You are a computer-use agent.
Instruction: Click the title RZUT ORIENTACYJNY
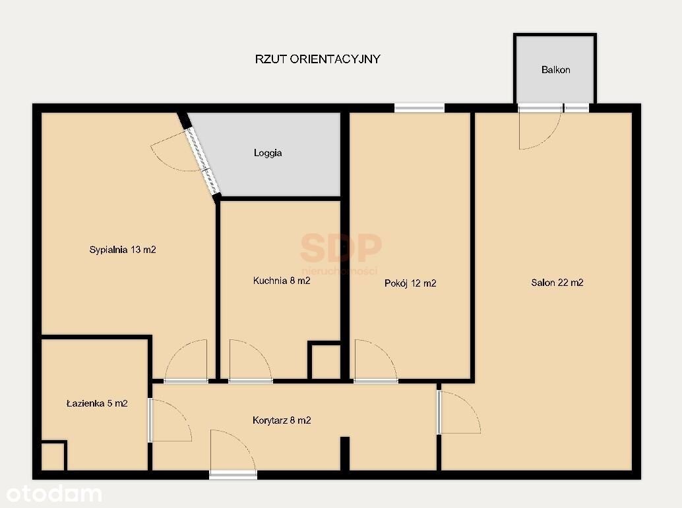pos(317,59)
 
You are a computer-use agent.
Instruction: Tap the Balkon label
pos(555,70)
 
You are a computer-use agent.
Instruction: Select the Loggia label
pos(268,153)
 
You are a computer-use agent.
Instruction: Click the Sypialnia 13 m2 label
pos(123,250)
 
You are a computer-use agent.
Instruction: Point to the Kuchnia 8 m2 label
pos(282,281)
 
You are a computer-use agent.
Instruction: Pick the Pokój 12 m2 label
pos(410,283)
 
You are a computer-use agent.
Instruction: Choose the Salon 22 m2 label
pos(557,283)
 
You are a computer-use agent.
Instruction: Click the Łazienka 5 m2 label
pos(97,403)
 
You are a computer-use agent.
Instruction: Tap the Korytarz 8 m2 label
pos(282,420)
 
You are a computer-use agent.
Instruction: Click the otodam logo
pos(54,494)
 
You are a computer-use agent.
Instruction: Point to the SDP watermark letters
pos(340,247)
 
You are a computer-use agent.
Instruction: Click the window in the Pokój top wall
pos(419,107)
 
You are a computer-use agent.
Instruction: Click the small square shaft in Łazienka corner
pos(53,457)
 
